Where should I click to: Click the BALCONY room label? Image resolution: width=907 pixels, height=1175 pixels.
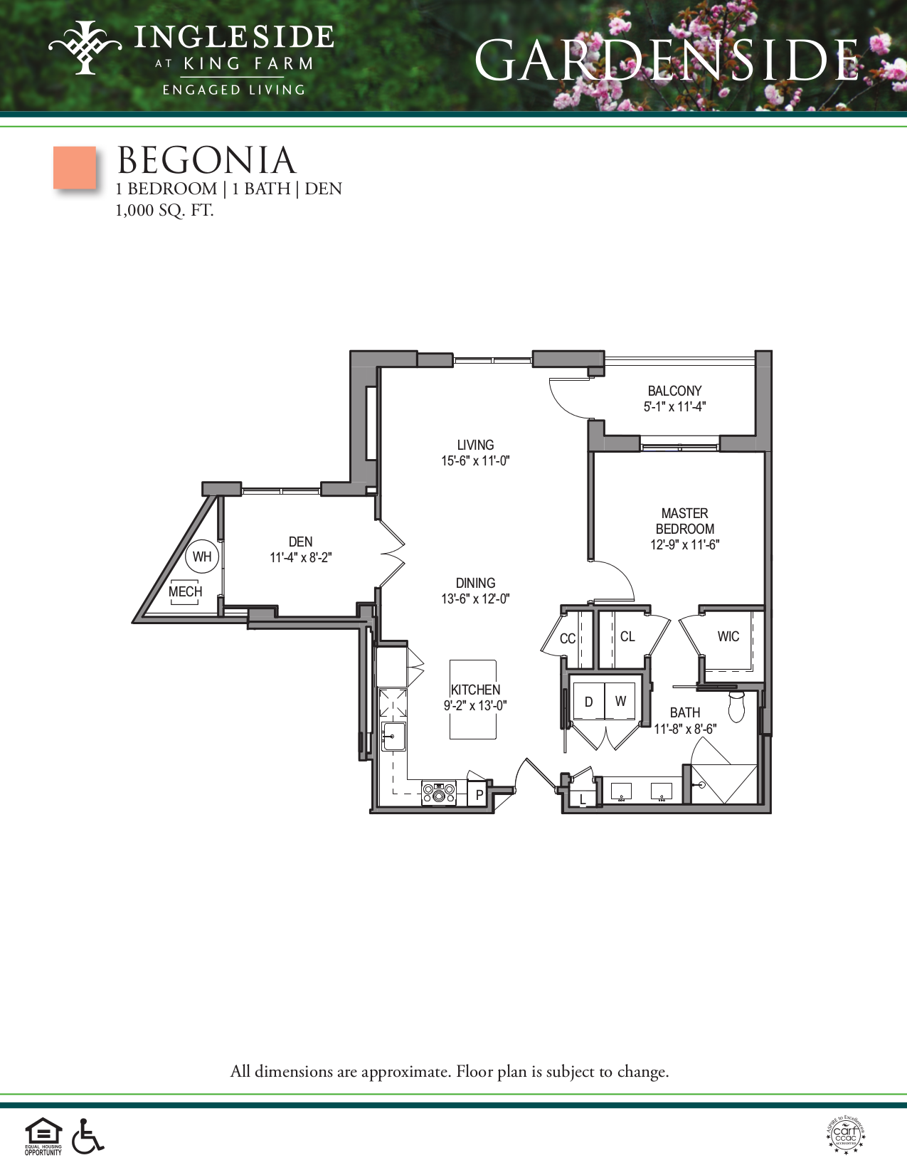[x=674, y=391]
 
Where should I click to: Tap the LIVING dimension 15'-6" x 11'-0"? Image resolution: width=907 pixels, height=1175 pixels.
[x=475, y=461]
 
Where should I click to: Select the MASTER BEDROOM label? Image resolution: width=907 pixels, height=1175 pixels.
[x=684, y=521]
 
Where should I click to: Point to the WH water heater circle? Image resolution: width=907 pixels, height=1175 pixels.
[x=202, y=557]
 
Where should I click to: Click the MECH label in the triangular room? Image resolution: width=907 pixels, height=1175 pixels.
[x=185, y=591]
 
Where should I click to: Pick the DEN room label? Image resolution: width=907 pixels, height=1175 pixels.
[x=300, y=542]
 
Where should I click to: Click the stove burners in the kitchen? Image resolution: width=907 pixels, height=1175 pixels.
[x=439, y=792]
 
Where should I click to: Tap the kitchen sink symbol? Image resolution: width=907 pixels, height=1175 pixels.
[x=393, y=737]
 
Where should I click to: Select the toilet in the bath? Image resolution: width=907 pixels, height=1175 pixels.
[x=736, y=706]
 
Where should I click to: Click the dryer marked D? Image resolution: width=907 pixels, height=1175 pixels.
[x=589, y=702]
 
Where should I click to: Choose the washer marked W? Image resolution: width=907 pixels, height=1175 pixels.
[x=620, y=702]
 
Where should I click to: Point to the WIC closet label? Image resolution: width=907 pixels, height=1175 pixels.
[x=728, y=636]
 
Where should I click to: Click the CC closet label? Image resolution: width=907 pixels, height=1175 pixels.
[x=567, y=638]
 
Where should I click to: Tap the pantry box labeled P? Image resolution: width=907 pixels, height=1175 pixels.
[x=479, y=795]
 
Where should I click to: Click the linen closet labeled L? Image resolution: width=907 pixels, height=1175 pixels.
[x=583, y=799]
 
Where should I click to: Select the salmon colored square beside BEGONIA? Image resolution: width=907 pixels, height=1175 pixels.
[x=75, y=168]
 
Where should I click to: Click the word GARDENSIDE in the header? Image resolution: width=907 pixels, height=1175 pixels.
[x=667, y=60]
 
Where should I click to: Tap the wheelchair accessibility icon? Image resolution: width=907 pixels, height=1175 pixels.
[x=87, y=1136]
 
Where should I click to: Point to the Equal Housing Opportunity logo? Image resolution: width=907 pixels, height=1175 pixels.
[x=43, y=1136]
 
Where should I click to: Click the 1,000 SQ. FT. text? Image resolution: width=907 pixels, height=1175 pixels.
[x=164, y=211]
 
